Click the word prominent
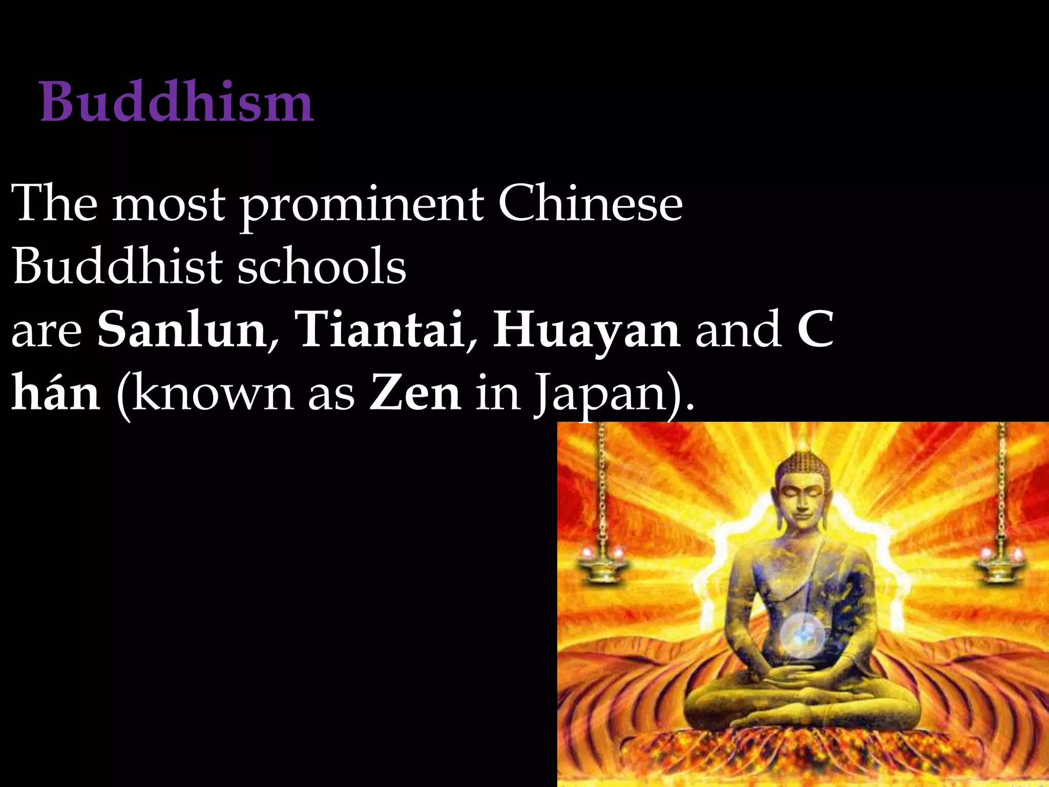click(x=362, y=205)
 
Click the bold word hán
click(x=55, y=392)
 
